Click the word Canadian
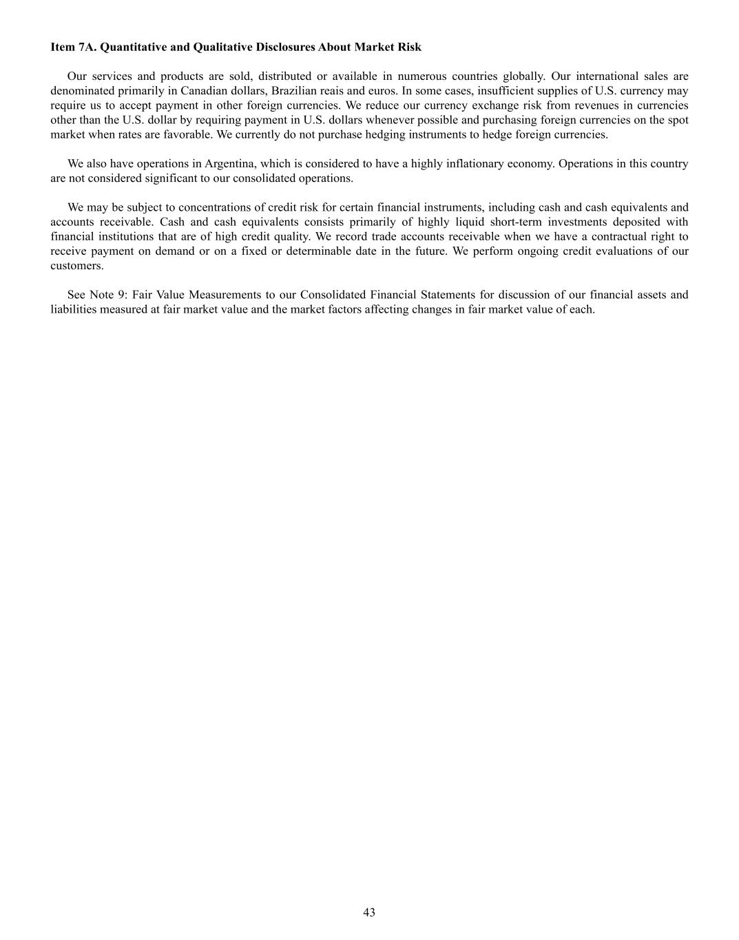[204, 91]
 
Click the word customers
[76, 265]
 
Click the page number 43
[369, 912]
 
